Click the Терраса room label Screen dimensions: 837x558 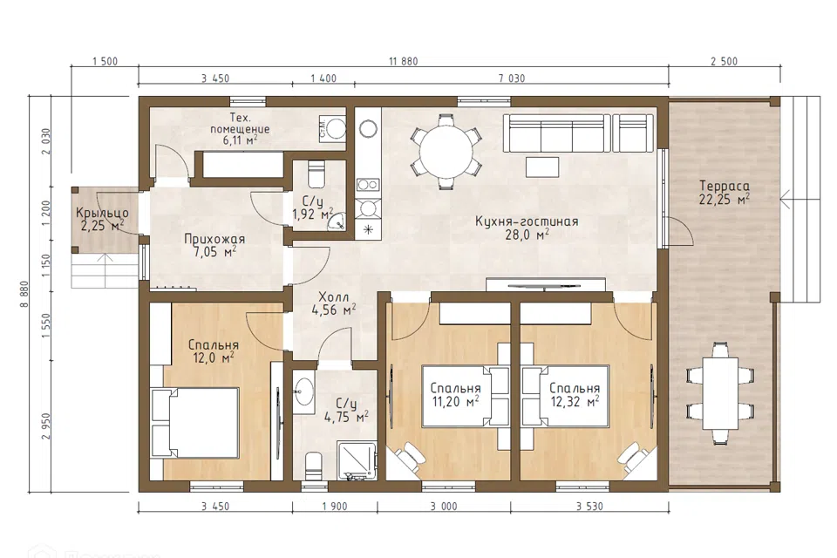pyautogui.click(x=725, y=187)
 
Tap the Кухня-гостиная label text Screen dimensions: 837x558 pyautogui.click(x=527, y=221)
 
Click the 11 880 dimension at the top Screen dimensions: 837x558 pyautogui.click(x=404, y=61)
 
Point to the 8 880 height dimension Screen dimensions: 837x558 pyautogui.click(x=24, y=294)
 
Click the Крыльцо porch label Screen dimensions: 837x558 pyautogui.click(x=102, y=213)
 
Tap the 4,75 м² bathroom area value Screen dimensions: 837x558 pyautogui.click(x=346, y=417)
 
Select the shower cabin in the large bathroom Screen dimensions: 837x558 pyautogui.click(x=358, y=460)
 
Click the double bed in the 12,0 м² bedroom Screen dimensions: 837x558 pyautogui.click(x=194, y=422)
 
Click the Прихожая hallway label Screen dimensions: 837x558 pyautogui.click(x=214, y=239)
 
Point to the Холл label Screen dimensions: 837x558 pyautogui.click(x=334, y=297)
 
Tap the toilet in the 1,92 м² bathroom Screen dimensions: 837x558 pyautogui.click(x=316, y=174)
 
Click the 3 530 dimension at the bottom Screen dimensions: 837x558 pyautogui.click(x=589, y=507)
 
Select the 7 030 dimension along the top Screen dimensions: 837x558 pyautogui.click(x=512, y=78)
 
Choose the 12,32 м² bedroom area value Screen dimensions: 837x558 pyautogui.click(x=575, y=402)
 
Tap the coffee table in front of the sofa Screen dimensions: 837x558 pyautogui.click(x=542, y=167)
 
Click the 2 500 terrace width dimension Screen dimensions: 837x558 pyautogui.click(x=724, y=61)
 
